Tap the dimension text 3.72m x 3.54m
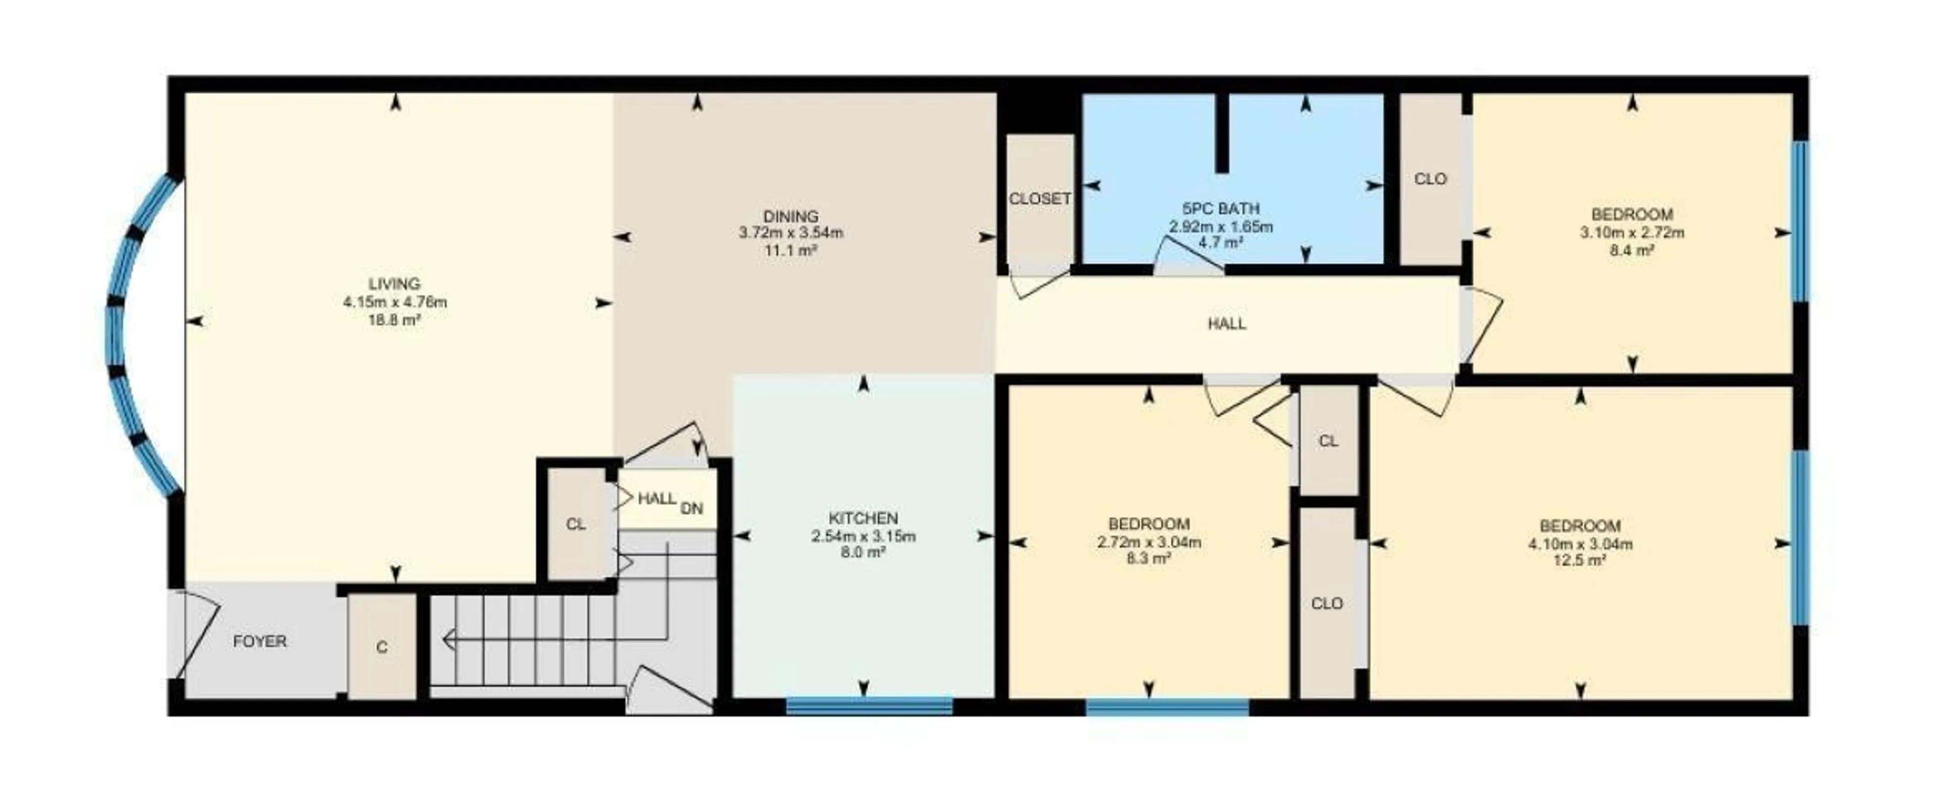pos(791,233)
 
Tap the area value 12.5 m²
pos(1579,560)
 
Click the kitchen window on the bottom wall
pos(869,705)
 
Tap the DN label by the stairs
pos(692,509)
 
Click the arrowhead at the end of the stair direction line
pos(448,640)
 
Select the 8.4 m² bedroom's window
pos(1800,222)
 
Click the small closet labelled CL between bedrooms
pos(1328,441)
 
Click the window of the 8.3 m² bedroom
pos(1167,707)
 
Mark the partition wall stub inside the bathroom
pos(1222,133)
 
